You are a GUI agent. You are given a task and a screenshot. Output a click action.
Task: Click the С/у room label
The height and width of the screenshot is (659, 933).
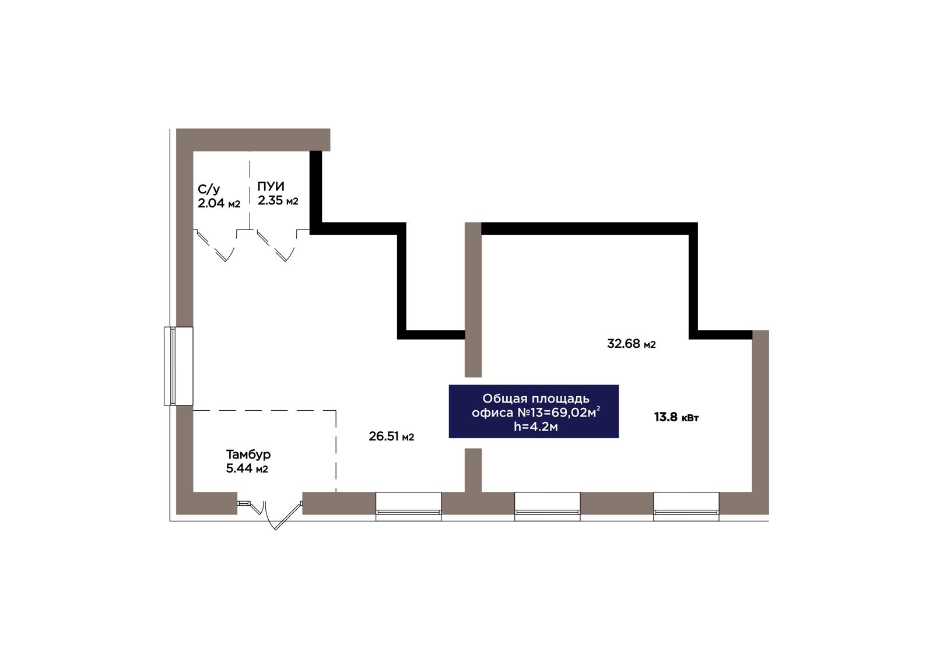209,189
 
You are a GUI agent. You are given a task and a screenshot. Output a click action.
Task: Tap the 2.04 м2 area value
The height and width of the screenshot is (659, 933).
219,203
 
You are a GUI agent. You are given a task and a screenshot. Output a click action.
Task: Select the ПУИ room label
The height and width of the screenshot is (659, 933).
271,186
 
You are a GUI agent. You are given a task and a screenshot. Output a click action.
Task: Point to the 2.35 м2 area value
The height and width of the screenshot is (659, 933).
278,200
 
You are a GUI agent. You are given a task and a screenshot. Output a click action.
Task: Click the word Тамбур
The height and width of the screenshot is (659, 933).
248,454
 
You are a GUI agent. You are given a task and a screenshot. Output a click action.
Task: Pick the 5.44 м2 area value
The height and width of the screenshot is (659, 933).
247,468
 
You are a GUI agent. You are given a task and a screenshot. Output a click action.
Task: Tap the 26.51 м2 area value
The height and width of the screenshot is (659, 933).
391,436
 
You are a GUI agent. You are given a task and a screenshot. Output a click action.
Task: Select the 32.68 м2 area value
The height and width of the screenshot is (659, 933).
631,344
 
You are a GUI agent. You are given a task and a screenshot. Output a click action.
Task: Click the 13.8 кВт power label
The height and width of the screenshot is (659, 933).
676,417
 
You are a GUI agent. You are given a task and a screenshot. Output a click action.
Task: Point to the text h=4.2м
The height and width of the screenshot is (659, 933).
536,427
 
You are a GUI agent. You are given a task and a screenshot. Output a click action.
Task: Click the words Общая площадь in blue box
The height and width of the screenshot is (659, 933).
536,399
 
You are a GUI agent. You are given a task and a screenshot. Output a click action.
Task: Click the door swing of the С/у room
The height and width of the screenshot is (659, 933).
216,246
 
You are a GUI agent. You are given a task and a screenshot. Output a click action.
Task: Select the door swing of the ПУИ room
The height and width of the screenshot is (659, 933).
276,246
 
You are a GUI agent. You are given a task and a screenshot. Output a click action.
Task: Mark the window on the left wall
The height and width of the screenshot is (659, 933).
178,366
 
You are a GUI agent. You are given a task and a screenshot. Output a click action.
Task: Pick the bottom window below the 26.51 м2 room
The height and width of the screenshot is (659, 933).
408,506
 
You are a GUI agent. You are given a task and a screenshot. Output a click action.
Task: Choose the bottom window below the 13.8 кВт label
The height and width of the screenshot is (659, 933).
686,506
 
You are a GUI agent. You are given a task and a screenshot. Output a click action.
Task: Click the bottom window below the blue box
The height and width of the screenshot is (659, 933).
548,506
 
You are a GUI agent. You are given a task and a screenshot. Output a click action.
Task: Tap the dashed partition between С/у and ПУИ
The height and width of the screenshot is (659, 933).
250,190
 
